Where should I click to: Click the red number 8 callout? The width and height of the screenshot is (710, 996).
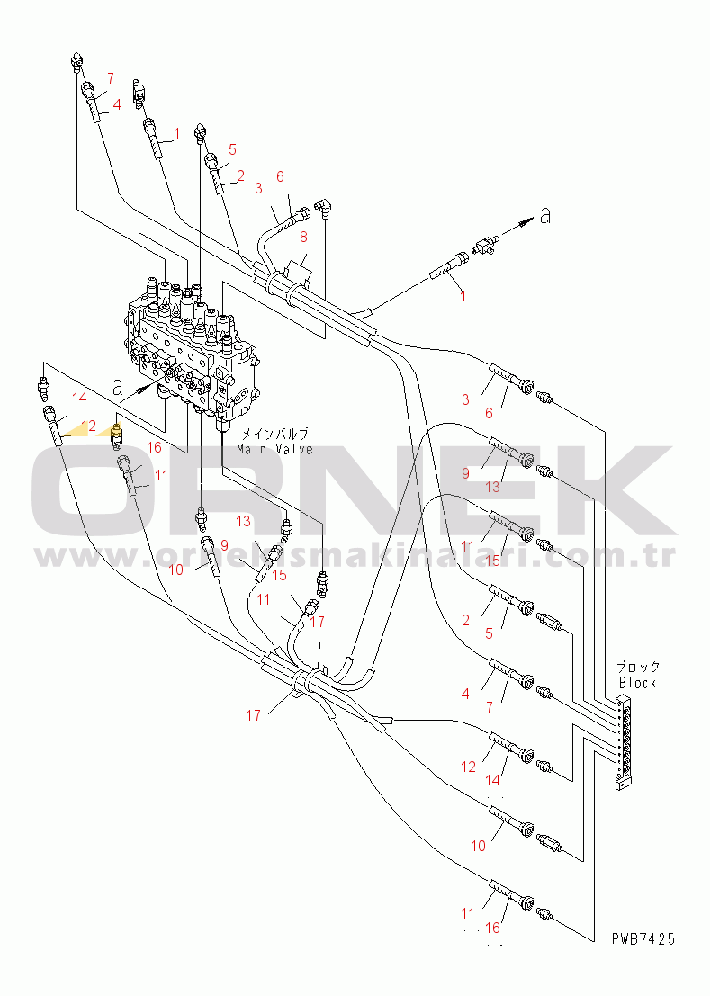pyautogui.click(x=303, y=237)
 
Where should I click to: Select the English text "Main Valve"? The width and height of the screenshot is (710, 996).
pyautogui.click(x=274, y=449)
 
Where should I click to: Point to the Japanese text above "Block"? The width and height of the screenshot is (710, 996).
pyautogui.click(x=637, y=667)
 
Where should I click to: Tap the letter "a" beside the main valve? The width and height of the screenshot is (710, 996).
pyautogui.click(x=117, y=386)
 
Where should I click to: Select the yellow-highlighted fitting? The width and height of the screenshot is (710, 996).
pyautogui.click(x=115, y=435)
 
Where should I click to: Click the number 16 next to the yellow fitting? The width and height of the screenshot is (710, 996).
pyautogui.click(x=155, y=446)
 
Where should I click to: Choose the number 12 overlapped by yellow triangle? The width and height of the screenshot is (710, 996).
pyautogui.click(x=88, y=426)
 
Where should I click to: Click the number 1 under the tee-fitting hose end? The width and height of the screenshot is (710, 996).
pyautogui.click(x=463, y=295)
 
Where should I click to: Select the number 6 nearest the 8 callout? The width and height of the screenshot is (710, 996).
pyautogui.click(x=280, y=176)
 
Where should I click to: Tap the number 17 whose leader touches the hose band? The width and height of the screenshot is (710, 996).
pyautogui.click(x=253, y=715)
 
